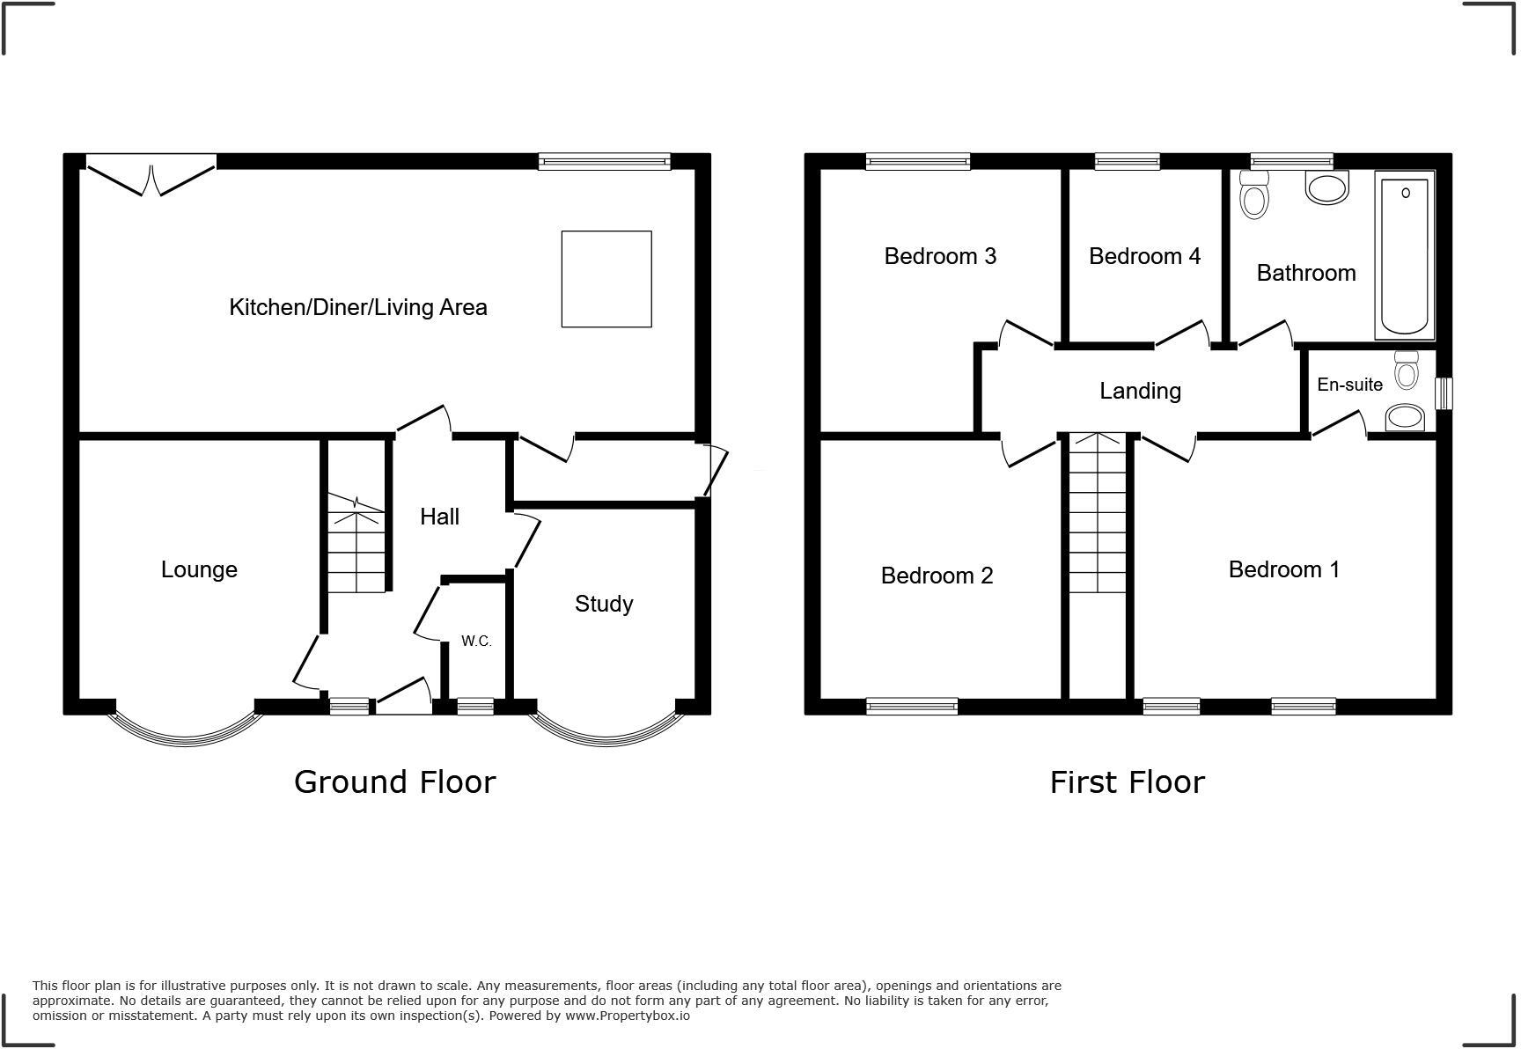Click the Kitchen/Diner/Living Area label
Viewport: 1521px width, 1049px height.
point(357,307)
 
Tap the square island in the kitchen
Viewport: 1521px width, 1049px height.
point(606,279)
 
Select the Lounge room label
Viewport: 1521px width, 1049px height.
point(199,569)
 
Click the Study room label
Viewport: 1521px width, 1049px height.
point(604,604)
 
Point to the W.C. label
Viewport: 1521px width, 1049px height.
point(476,642)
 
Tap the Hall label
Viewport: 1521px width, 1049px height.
point(439,517)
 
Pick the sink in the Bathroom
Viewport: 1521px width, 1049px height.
point(1326,187)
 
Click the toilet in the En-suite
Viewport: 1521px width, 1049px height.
point(1407,370)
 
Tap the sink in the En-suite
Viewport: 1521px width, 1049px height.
point(1404,418)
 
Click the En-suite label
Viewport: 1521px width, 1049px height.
point(1349,385)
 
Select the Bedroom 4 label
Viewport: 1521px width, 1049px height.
point(1144,256)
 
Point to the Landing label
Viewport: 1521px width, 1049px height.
point(1140,391)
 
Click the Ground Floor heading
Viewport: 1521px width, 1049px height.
point(394,781)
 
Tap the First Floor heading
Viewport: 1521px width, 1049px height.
point(1127,781)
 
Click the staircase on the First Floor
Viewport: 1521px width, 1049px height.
point(1097,528)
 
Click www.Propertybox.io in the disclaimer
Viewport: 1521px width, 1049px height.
point(627,1016)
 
